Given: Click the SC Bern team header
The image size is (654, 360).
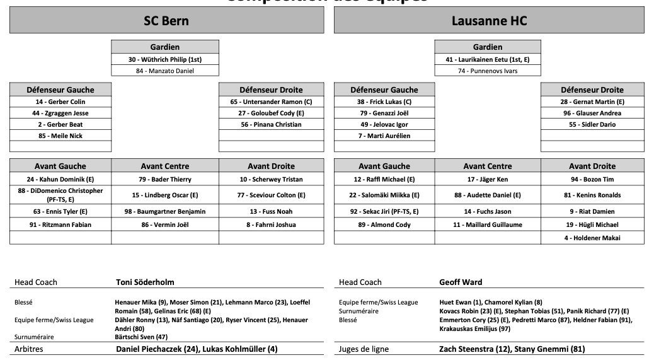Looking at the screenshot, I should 166,21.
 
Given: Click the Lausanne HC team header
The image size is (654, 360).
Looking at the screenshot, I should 489,21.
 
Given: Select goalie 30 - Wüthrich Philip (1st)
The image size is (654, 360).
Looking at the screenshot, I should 164,59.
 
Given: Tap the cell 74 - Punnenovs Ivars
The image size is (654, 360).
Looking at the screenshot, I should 488,71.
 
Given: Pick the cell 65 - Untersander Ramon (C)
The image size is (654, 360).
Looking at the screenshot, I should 271,102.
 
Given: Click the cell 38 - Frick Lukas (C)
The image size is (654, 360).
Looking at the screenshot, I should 384,102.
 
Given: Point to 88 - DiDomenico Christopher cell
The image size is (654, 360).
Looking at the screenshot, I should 60,195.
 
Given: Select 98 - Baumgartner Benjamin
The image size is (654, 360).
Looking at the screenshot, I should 164,211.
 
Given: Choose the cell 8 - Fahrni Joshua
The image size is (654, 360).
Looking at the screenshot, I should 271,224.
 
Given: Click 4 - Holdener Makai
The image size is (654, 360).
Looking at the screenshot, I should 592,238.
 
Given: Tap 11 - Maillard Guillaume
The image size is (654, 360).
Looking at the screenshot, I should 488,224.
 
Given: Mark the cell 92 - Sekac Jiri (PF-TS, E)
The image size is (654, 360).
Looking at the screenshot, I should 384,211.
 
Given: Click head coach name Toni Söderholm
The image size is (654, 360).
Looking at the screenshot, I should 145,282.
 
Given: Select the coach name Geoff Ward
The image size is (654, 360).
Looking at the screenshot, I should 461,282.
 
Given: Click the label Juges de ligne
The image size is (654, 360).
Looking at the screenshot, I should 364,349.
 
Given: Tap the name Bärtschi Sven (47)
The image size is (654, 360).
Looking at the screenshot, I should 141,337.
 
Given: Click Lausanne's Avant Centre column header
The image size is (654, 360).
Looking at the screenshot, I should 488,166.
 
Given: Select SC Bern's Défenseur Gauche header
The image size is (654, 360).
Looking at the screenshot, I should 60,90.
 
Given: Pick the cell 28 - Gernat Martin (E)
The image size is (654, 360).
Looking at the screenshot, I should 592,102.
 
